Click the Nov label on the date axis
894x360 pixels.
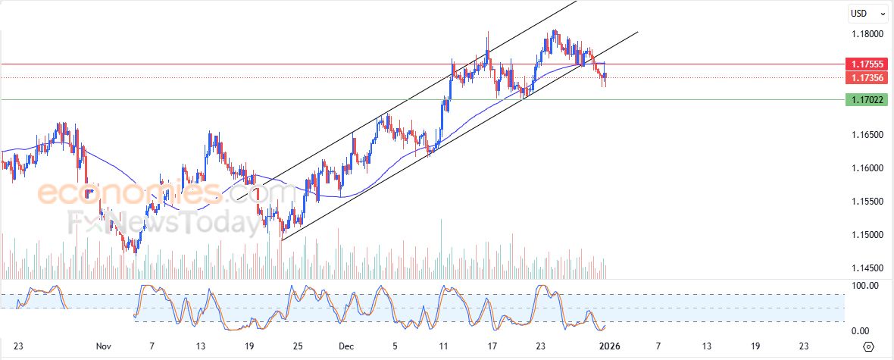pos(104,346)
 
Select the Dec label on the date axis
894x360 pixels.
pos(346,346)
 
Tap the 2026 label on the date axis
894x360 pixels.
pos(609,346)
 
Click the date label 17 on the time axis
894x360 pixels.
pos(492,346)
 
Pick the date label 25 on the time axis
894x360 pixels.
pos(298,346)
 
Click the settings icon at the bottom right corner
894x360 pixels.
pos(868,346)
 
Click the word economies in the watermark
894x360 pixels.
pos(130,193)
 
